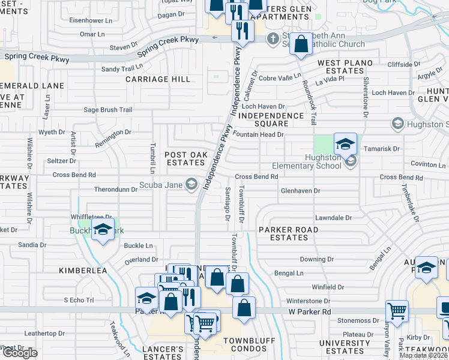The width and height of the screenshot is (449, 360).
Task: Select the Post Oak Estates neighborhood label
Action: [186, 158]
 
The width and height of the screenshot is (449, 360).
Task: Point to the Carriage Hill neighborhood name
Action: [157, 79]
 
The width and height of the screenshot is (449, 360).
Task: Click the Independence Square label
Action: [271, 119]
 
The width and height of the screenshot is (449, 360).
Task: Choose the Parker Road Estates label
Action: [288, 233]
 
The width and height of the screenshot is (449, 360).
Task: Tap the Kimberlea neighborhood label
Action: [83, 271]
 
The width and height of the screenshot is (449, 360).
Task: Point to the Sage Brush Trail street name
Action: [107, 110]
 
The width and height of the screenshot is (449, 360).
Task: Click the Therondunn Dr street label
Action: [116, 189]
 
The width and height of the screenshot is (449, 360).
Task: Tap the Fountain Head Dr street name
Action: [258, 134]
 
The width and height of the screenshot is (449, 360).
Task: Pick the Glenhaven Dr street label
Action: [301, 190]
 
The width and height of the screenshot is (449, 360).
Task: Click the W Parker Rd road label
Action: [310, 312]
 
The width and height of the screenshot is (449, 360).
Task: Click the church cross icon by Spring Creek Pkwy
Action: [273, 38]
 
